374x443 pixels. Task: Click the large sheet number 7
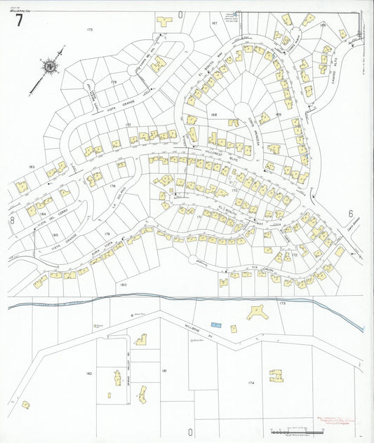pos(20,20)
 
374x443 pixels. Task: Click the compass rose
pos(50,67)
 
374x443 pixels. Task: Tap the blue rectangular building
pos(216,325)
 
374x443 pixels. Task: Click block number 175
pos(89,29)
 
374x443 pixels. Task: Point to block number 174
pos(251,383)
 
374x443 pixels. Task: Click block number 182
pos(89,374)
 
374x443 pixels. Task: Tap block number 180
pos(123,285)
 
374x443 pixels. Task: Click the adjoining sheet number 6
pos(349,214)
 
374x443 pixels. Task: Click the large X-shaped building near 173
pos(256,313)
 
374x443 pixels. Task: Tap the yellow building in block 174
pos(276,376)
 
